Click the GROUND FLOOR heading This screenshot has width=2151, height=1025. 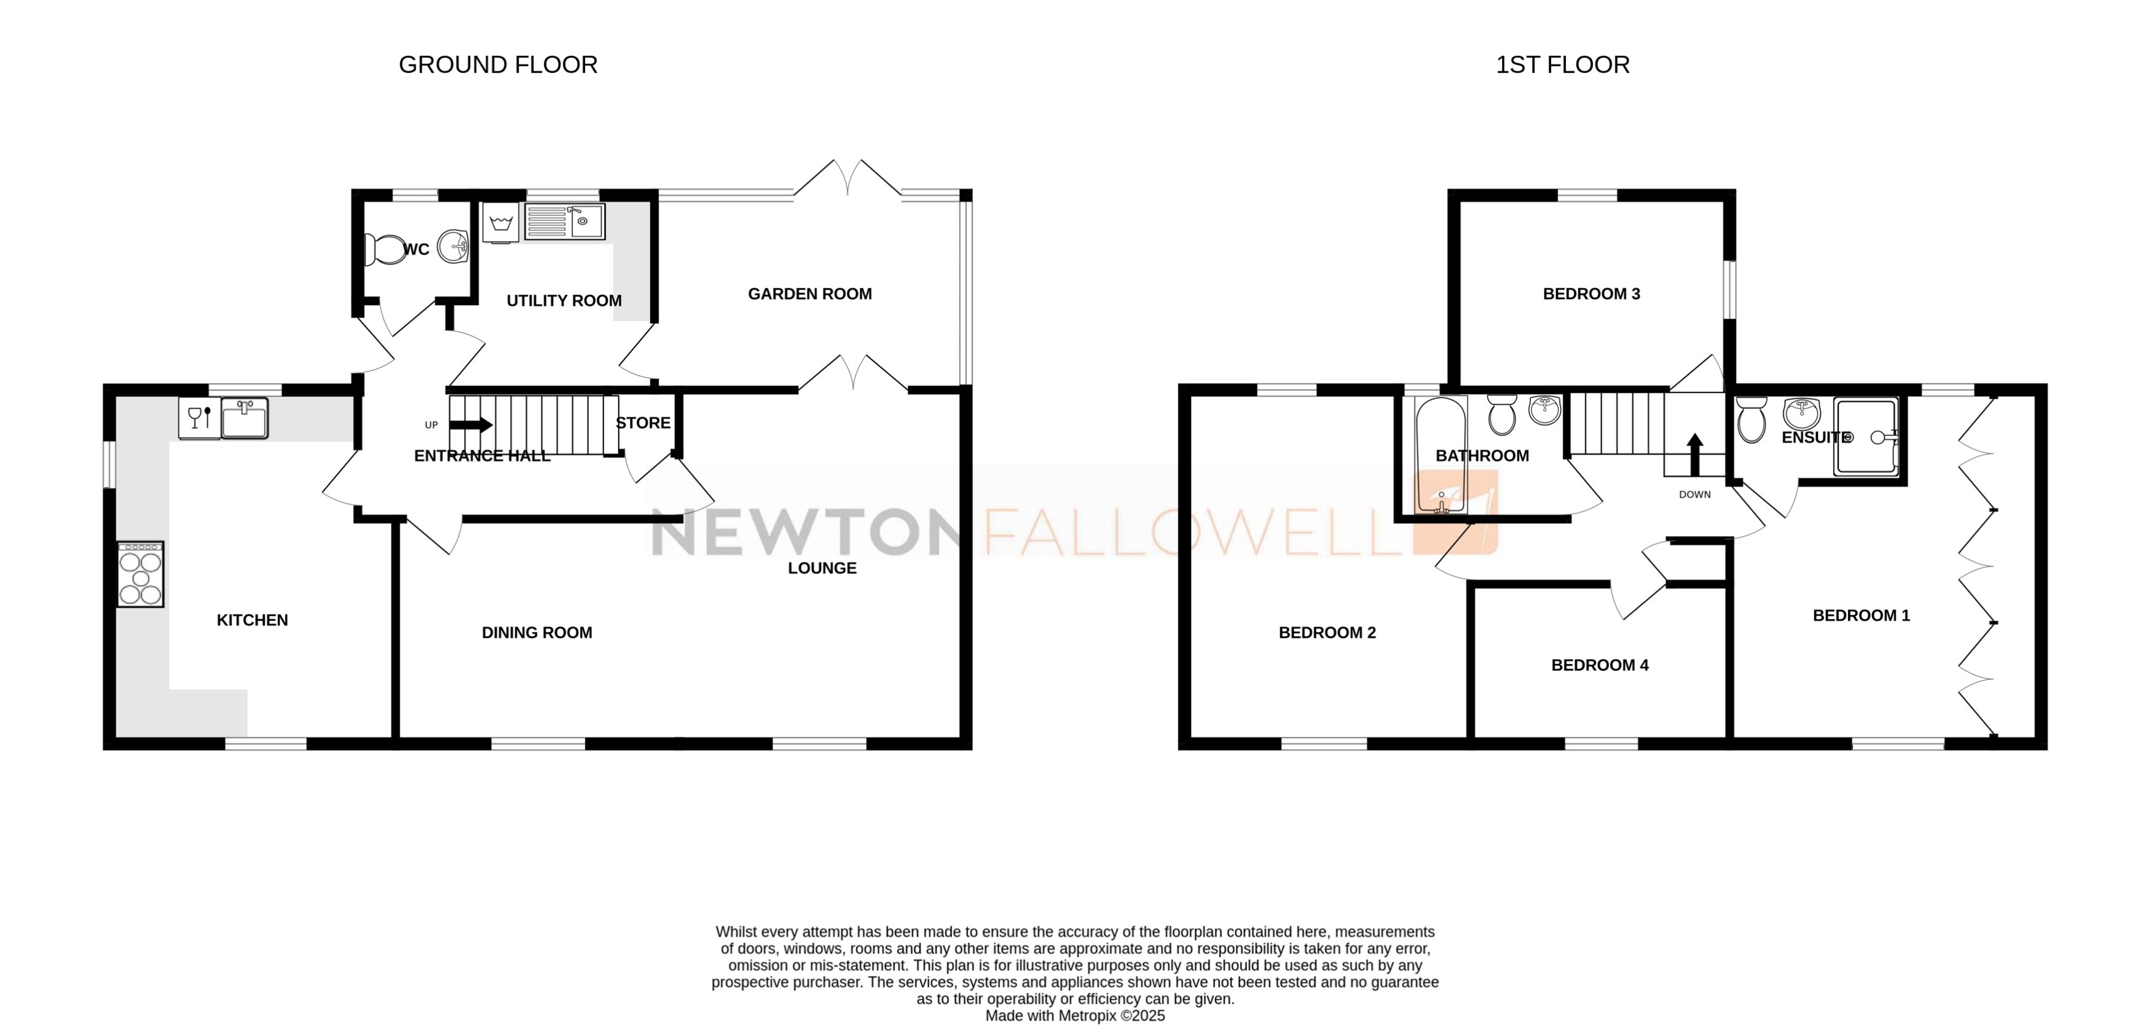498,65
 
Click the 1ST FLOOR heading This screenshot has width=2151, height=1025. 1562,65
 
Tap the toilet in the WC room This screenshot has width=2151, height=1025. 385,249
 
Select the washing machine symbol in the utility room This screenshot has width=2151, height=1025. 501,223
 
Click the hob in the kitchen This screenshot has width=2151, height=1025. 140,574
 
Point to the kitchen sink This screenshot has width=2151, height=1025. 245,418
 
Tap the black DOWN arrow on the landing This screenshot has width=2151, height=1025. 1694,453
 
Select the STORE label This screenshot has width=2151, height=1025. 643,423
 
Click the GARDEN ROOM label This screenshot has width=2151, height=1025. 809,294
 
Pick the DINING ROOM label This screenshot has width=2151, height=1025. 537,633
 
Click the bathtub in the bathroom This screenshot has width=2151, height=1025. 1441,455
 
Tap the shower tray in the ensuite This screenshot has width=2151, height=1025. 1865,437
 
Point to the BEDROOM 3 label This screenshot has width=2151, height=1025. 1591,294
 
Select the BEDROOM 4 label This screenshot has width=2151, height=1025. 1599,665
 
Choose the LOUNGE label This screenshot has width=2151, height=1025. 822,569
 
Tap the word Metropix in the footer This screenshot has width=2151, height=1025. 1087,1016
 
